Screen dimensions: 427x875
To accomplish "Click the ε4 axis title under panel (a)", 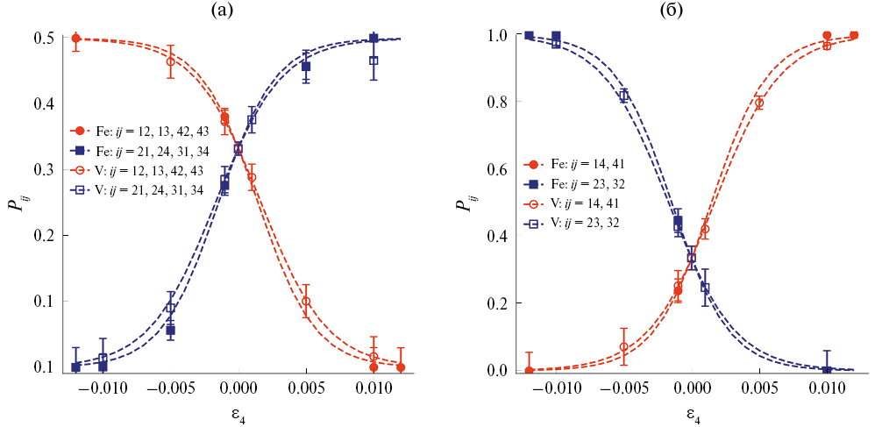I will (238, 410).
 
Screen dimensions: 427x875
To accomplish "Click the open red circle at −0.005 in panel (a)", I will (170, 61).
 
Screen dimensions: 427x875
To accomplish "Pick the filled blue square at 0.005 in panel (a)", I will (306, 67).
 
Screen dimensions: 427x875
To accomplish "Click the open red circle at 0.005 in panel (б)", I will (759, 103).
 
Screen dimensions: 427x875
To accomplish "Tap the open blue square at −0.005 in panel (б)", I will (623, 96).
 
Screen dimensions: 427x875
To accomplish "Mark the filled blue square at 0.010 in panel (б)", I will (827, 370).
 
